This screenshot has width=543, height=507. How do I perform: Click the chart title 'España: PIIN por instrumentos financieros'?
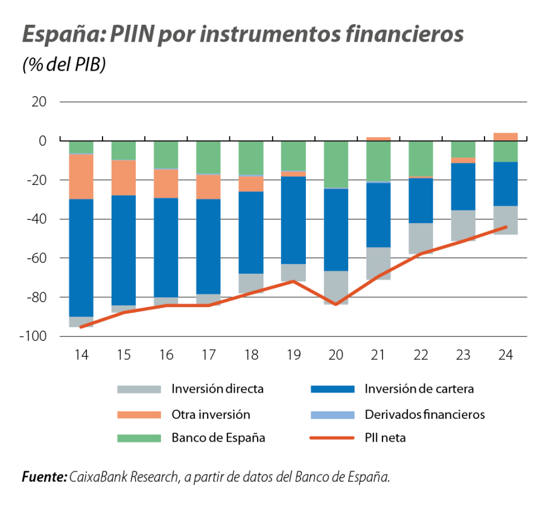(x=243, y=34)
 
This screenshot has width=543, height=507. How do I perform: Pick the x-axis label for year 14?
(x=81, y=356)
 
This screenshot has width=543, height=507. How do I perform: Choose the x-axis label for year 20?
(x=336, y=356)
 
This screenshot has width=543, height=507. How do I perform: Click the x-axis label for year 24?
(x=506, y=356)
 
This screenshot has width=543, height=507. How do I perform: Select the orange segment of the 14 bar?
(x=81, y=176)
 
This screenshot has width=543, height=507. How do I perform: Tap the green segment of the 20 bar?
(x=336, y=164)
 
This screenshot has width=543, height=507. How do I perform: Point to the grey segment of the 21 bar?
(x=378, y=263)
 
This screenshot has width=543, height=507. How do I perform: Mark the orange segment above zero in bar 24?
(x=506, y=137)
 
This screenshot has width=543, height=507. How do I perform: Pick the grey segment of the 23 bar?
(x=463, y=225)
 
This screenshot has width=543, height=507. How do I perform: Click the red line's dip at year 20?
(x=336, y=305)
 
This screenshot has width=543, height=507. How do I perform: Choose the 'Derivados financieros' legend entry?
(x=425, y=415)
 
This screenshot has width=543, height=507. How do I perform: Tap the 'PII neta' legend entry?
(x=385, y=438)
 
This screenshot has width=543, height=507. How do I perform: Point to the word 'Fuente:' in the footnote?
(x=44, y=477)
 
